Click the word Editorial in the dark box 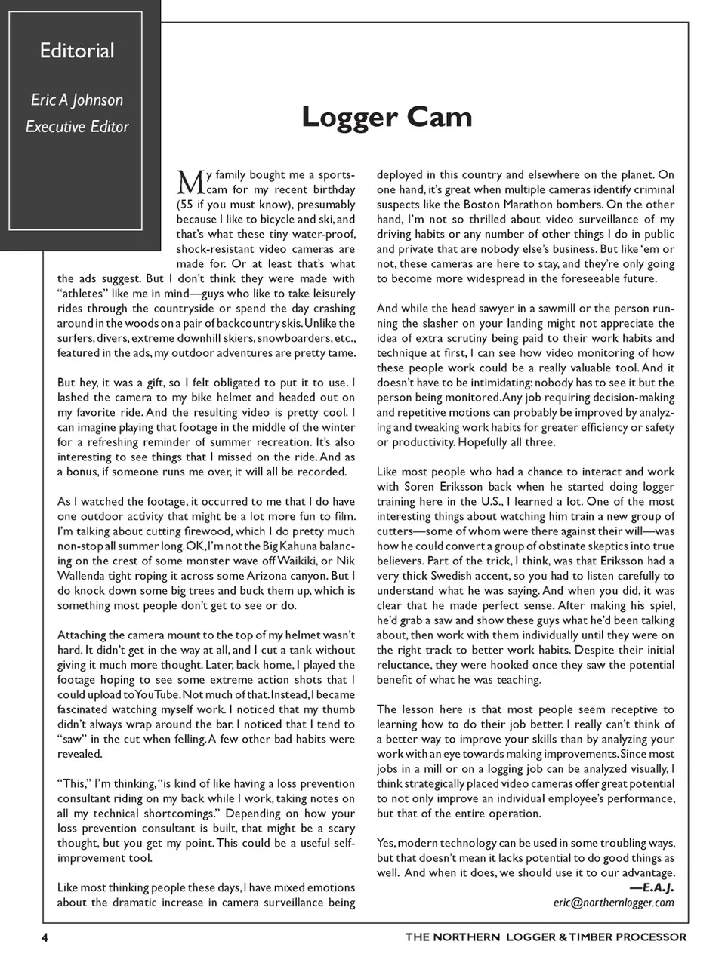pos(77,51)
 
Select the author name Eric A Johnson pos(77,100)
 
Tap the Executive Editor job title pos(77,126)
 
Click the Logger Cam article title pos(387,117)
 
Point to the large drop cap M pos(189,181)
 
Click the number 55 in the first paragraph pos(184,205)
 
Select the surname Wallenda pos(83,576)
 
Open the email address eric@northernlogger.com pos(613,903)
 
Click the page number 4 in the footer pos(45,937)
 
